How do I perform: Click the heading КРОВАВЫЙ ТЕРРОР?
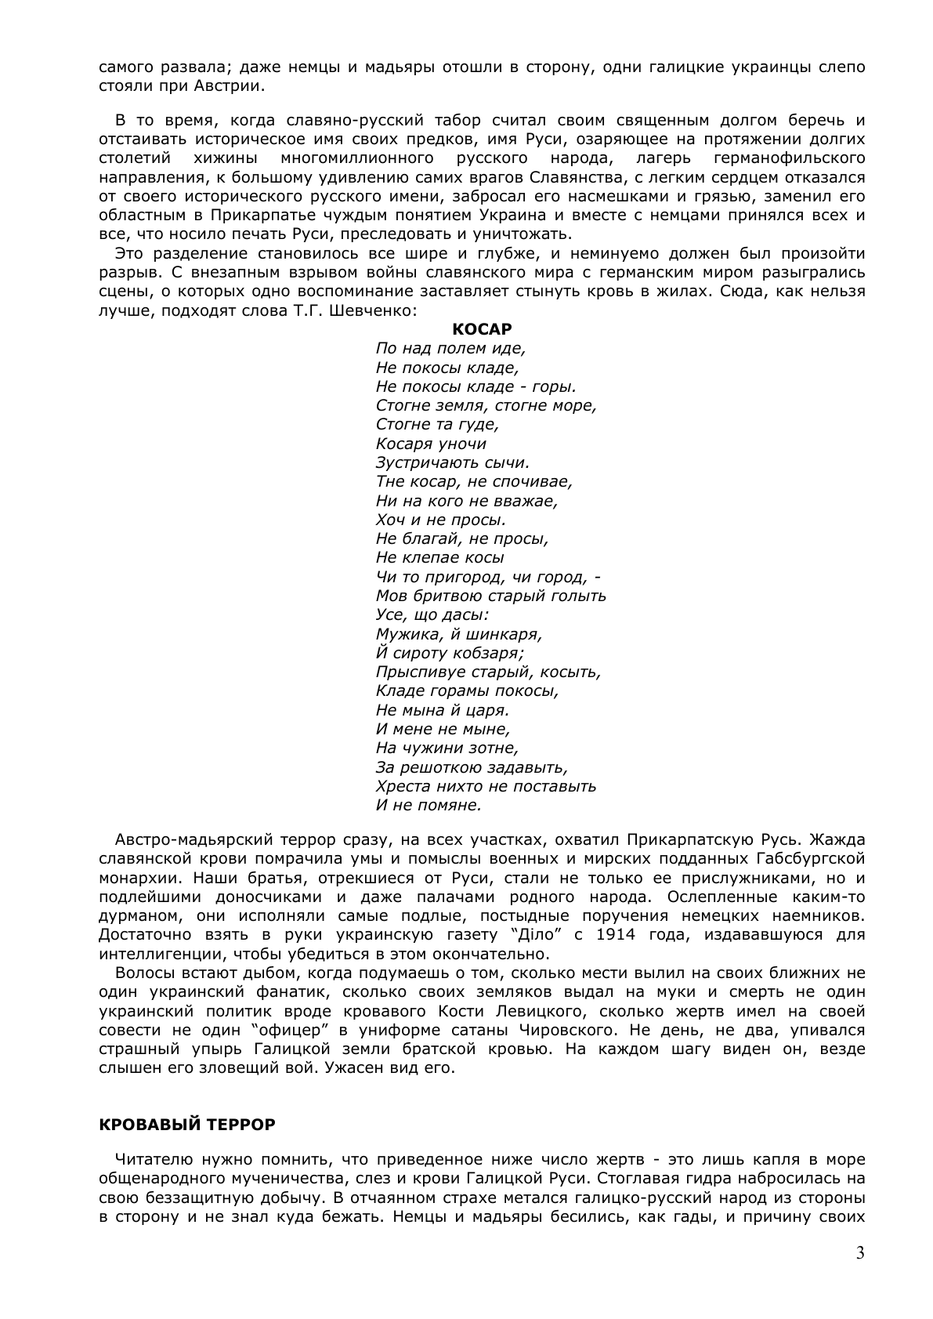(187, 1125)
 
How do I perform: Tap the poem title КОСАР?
(483, 329)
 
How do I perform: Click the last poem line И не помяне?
(428, 805)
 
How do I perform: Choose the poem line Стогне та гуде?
(437, 424)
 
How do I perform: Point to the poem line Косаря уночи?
(431, 444)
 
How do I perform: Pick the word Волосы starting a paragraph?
(146, 973)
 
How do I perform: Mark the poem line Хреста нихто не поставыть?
(486, 786)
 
